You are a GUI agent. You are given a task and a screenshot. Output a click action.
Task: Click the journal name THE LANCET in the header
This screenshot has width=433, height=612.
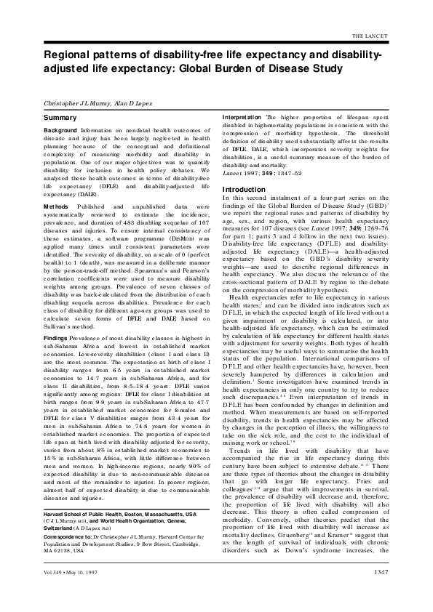[392, 35]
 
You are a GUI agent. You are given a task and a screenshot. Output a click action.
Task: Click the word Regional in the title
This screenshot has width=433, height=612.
[70, 55]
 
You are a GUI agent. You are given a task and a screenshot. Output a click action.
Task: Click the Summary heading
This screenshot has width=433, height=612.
[60, 116]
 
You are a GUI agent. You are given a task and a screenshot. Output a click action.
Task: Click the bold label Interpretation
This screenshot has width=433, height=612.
[242, 116]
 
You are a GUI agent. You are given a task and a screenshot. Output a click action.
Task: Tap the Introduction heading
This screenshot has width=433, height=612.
[244, 190]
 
